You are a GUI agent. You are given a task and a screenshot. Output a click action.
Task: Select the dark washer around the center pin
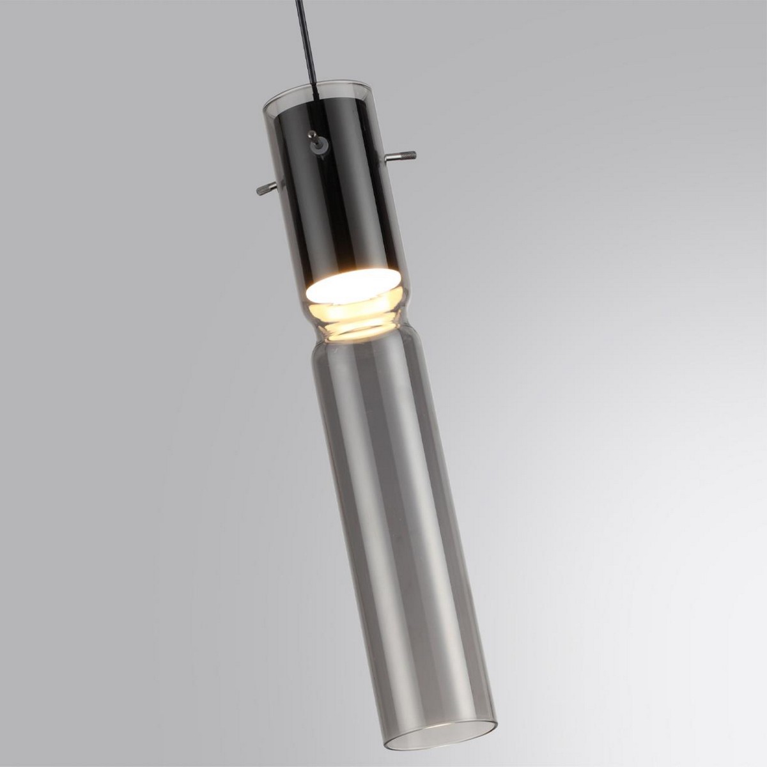pyautogui.click(x=317, y=146)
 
